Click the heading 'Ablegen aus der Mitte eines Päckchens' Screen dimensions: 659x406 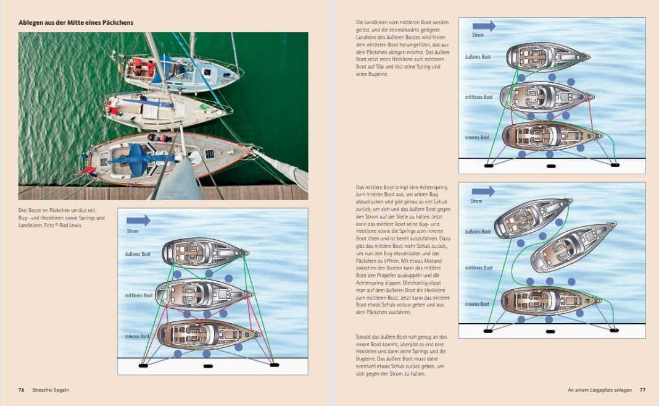[x=76, y=23]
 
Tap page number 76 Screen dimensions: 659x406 [x=22, y=390]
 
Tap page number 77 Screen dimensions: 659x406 [x=642, y=390]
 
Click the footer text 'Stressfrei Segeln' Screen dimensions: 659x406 [x=51, y=390]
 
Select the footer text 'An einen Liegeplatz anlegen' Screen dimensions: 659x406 [x=599, y=390]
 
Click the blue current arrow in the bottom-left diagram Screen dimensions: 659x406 [x=138, y=220]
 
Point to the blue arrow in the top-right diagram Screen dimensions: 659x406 [x=484, y=26]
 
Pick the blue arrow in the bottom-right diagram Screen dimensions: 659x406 [x=483, y=192]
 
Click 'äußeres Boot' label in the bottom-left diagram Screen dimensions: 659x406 [x=138, y=254]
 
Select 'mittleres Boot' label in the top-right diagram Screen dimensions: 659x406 [x=479, y=97]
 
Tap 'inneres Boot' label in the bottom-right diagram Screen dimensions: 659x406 [x=477, y=304]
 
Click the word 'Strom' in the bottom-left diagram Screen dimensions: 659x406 [x=133, y=231]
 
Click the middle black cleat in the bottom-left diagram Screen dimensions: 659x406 [x=208, y=366]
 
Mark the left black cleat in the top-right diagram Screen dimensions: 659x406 [x=488, y=166]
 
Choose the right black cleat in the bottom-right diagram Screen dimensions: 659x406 [x=614, y=331]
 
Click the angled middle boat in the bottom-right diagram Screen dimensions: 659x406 [x=573, y=247]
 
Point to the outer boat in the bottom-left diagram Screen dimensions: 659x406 [x=205, y=253]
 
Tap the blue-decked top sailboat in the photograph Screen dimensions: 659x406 [x=181, y=72]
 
